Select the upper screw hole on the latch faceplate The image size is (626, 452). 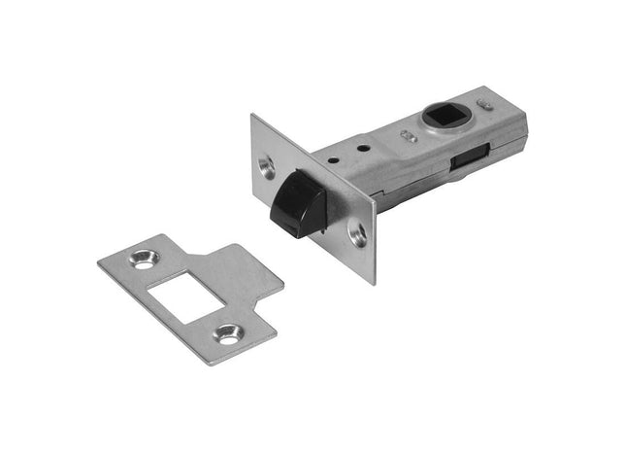pos(268,164)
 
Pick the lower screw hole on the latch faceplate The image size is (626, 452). pos(357,232)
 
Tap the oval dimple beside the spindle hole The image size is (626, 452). pos(409,137)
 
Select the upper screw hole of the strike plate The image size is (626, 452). pos(146,261)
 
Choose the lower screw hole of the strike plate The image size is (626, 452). pos(229,333)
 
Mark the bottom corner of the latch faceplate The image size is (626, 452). pos(373,283)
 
